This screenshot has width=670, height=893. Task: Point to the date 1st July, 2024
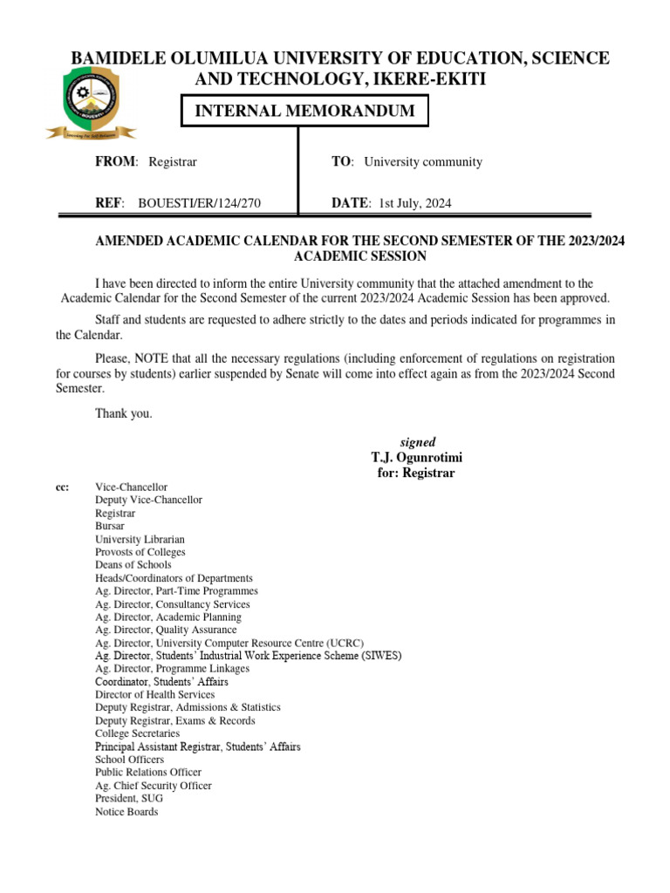point(414,203)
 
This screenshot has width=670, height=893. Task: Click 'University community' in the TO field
point(423,161)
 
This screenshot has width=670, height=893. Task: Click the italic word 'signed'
point(417,442)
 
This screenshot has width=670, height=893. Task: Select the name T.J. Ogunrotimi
point(417,458)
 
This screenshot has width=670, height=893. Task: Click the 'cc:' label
point(62,487)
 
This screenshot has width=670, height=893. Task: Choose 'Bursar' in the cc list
point(110,526)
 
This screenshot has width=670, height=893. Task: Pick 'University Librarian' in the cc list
point(140,539)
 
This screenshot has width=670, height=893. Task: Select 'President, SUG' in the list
point(129,798)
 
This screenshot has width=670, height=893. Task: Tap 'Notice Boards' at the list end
point(126,811)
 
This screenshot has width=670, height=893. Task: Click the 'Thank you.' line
point(124,414)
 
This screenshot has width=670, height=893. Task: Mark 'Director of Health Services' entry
point(155,694)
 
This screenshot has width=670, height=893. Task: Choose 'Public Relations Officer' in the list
point(148,772)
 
